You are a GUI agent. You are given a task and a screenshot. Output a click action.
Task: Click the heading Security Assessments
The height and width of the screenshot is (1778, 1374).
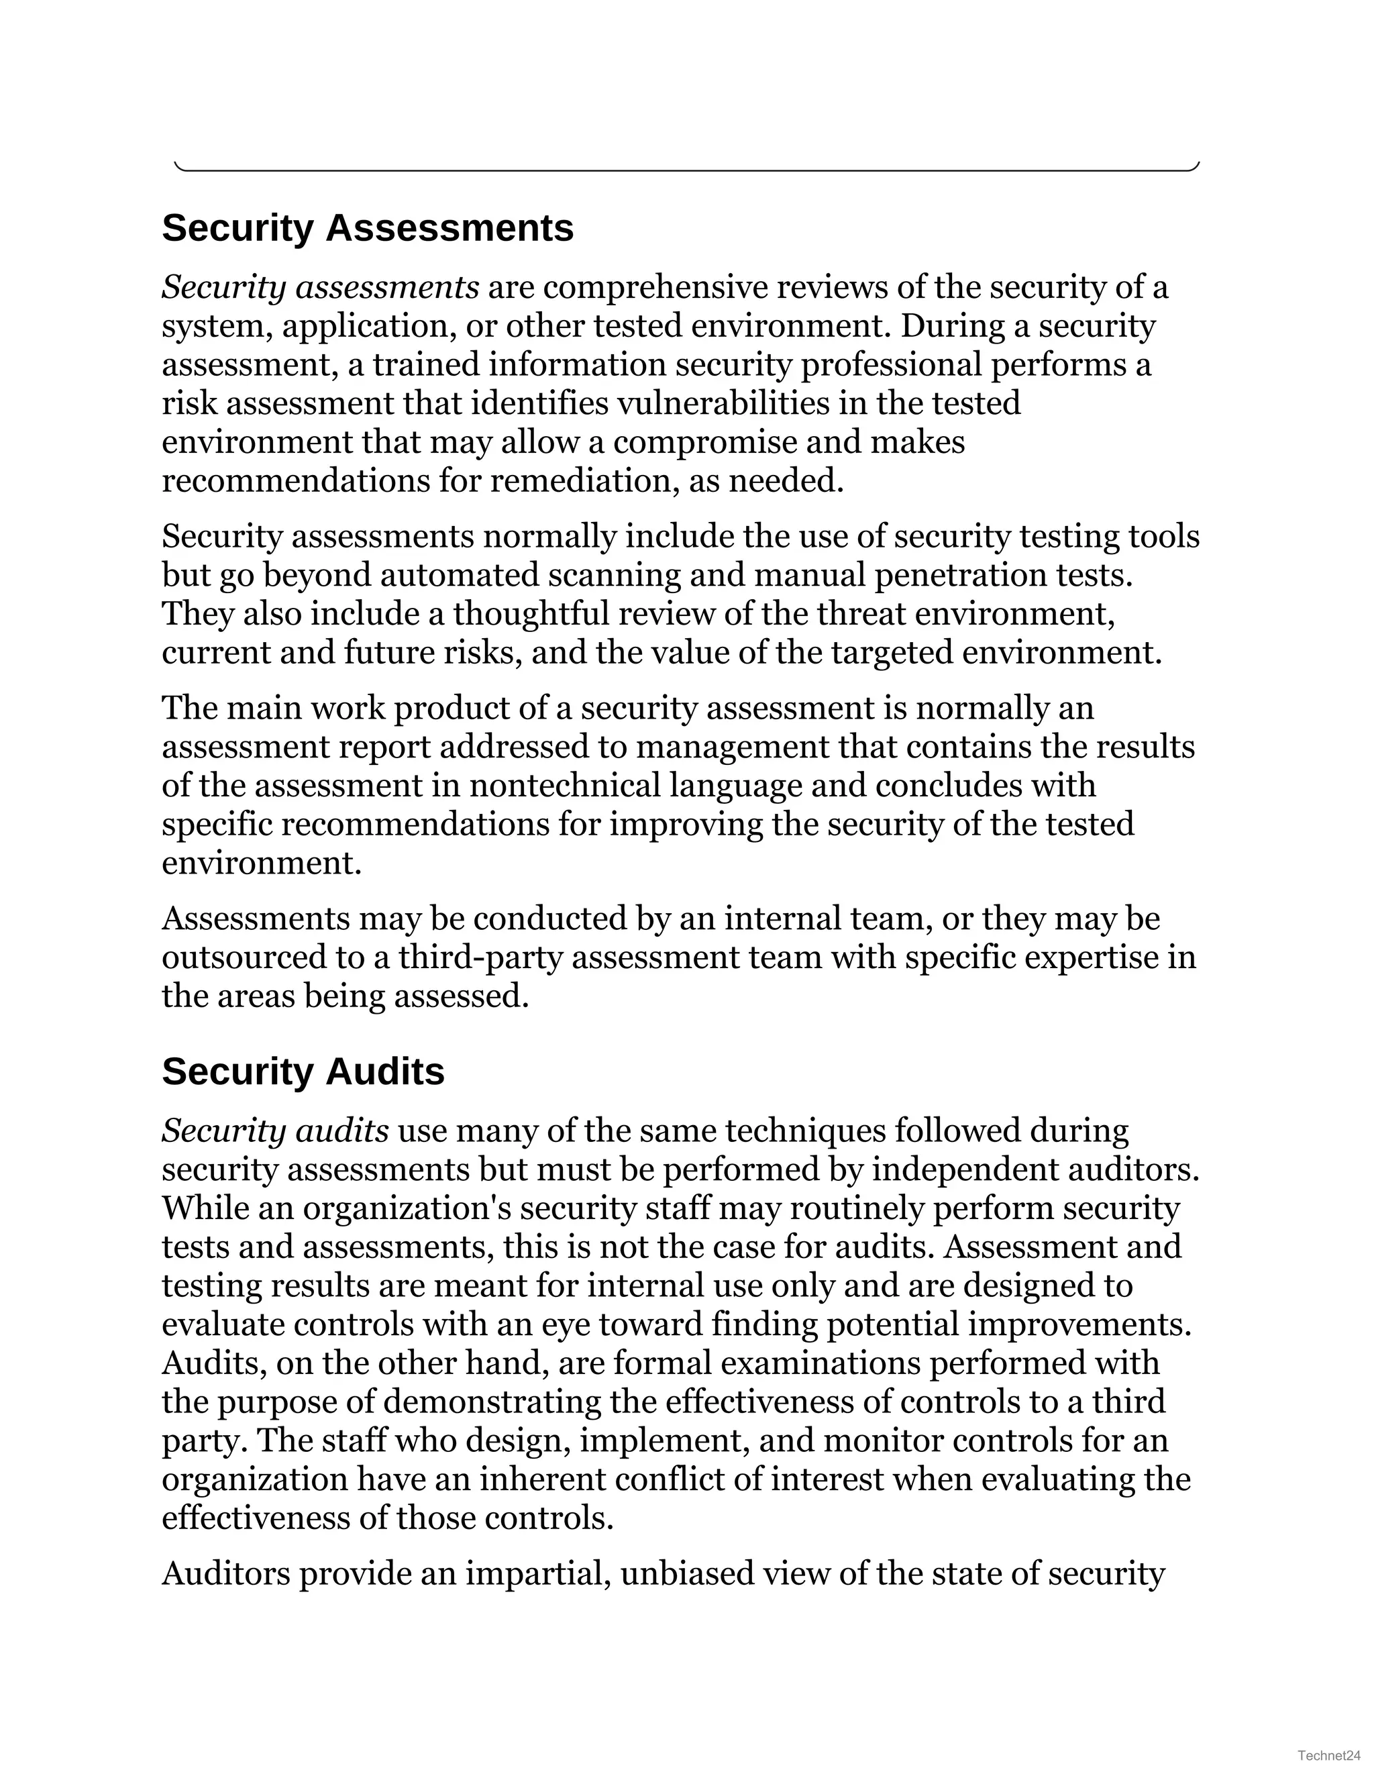coord(367,228)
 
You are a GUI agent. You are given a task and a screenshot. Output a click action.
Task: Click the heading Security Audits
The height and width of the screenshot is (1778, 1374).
coord(303,1071)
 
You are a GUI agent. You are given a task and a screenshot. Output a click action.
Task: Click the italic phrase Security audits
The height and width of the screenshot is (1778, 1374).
coord(275,1131)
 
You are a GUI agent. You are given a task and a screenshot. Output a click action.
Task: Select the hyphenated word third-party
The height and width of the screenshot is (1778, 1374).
coord(480,957)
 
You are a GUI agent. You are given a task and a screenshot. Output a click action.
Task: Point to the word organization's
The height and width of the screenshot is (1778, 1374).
coord(407,1208)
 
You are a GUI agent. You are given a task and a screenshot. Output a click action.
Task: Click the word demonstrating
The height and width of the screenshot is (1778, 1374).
coord(519,1401)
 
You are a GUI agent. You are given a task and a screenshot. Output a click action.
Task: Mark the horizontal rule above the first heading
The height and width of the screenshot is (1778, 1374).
coord(687,170)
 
